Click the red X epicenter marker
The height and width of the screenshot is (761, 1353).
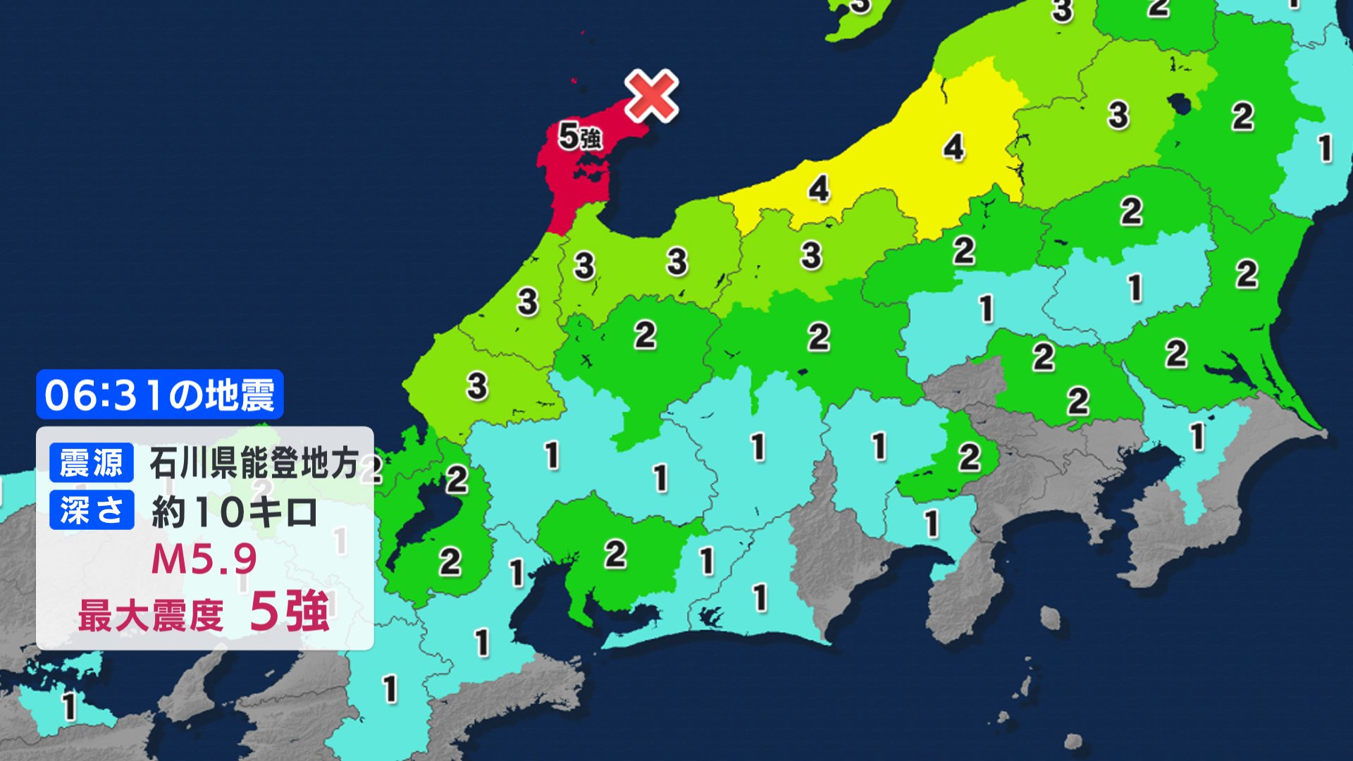pyautogui.click(x=651, y=97)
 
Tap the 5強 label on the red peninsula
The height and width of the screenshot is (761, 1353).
pyautogui.click(x=580, y=136)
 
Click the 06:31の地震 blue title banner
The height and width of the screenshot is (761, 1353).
pyautogui.click(x=159, y=395)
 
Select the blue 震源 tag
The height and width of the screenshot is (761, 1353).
pyautogui.click(x=92, y=463)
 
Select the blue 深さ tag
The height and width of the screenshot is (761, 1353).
pyautogui.click(x=92, y=509)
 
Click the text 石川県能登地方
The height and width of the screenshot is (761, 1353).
pyautogui.click(x=254, y=463)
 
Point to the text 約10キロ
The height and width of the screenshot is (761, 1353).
pyautogui.click(x=234, y=512)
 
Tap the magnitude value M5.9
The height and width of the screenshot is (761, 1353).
pyautogui.click(x=204, y=559)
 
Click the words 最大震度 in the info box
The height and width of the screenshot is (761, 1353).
pyautogui.click(x=150, y=614)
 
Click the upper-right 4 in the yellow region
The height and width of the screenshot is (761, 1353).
pyautogui.click(x=953, y=147)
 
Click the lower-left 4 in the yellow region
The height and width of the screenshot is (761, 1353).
pyautogui.click(x=818, y=188)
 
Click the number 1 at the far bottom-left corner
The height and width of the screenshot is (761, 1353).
pyautogui.click(x=68, y=706)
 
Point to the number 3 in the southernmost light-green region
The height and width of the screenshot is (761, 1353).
pyautogui.click(x=477, y=385)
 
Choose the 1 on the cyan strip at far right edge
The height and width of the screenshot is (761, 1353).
pyautogui.click(x=1325, y=148)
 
